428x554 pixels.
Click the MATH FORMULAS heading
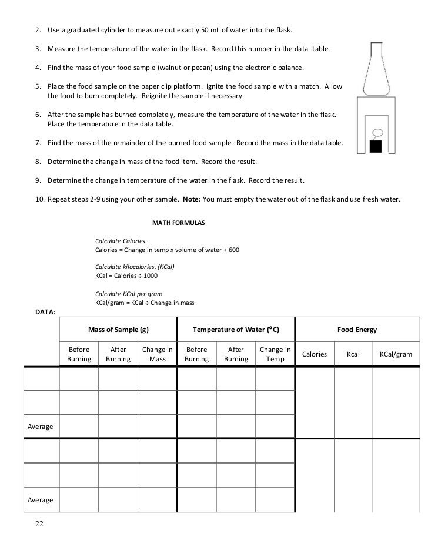[x=178, y=224]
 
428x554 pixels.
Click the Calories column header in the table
[x=314, y=354]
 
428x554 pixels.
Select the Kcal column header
[x=353, y=354]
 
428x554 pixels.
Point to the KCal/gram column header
[x=396, y=354]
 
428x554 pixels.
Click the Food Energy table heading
[x=357, y=330]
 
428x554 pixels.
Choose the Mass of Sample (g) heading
[x=118, y=330]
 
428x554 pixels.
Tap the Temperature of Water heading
[x=235, y=330]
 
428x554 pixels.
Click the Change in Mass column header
[x=158, y=354]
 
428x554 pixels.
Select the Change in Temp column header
[x=275, y=354]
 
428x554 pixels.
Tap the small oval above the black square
[x=379, y=132]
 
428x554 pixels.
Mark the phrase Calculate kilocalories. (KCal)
[x=135, y=266]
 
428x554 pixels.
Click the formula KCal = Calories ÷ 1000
[x=126, y=276]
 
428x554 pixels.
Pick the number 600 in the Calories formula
[x=233, y=250]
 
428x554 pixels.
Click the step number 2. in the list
[x=38, y=30]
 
